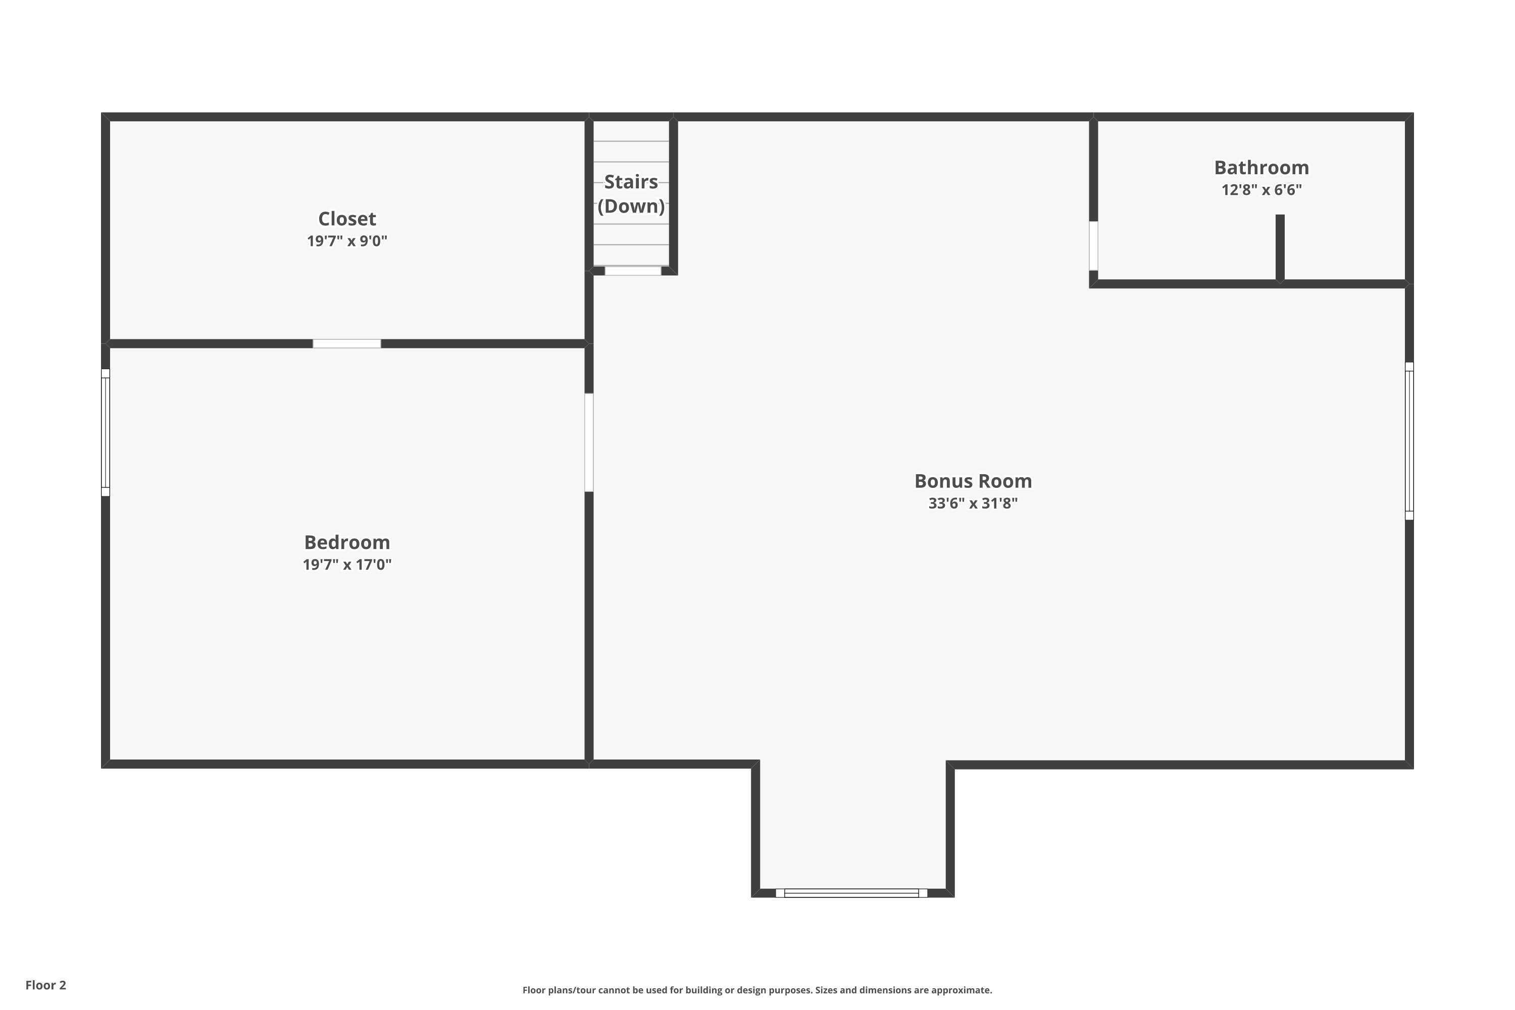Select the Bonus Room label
973,481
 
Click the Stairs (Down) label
631,194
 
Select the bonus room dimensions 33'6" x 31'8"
973,503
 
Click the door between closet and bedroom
346,343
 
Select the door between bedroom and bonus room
589,442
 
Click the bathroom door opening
1093,245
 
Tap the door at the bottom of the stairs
633,271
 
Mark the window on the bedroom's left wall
106,432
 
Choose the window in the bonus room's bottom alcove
851,893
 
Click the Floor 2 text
46,985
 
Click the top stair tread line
631,141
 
